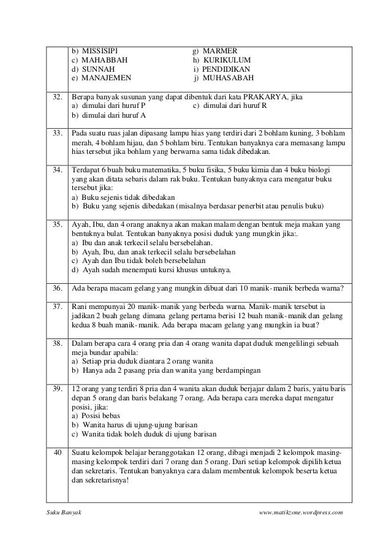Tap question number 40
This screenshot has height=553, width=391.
57,452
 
